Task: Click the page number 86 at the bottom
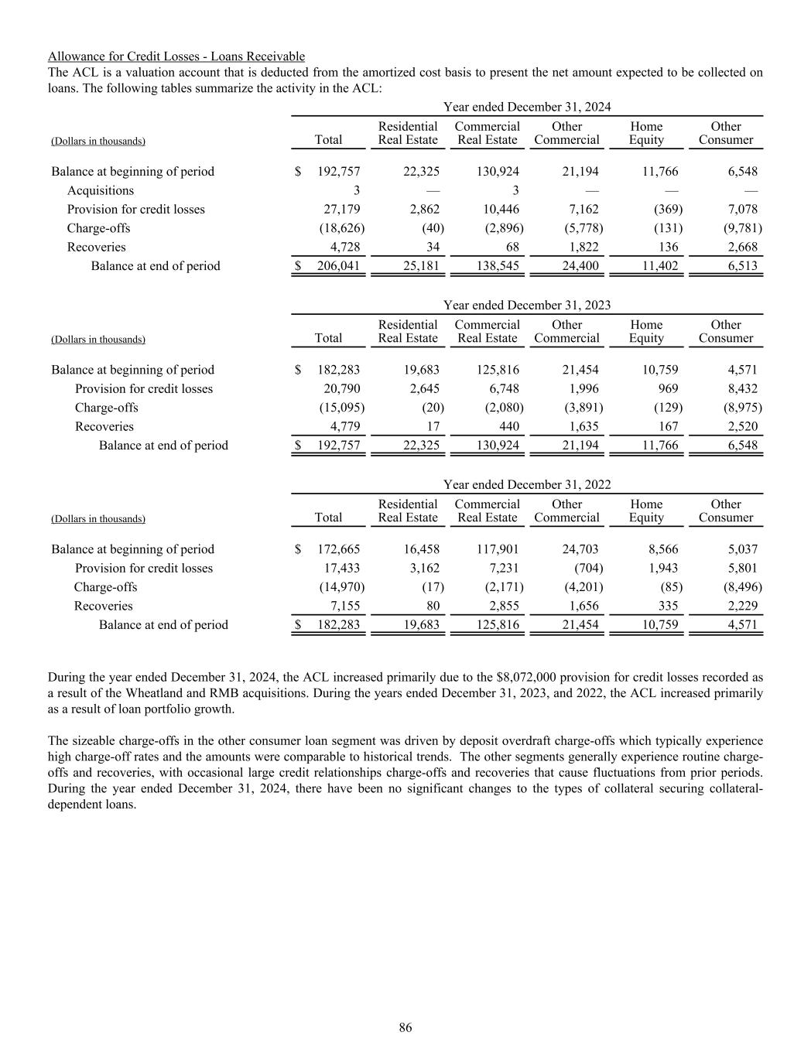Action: pos(405,1027)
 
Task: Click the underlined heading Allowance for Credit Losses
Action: pos(176,56)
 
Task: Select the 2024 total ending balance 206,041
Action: pos(338,266)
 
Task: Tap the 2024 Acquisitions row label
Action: pos(101,190)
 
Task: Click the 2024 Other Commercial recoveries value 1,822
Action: pos(583,248)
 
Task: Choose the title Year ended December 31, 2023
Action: pos(527,305)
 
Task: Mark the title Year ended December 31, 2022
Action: pos(527,484)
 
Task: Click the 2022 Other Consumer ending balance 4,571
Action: pos(742,625)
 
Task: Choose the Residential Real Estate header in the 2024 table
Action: pos(408,133)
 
